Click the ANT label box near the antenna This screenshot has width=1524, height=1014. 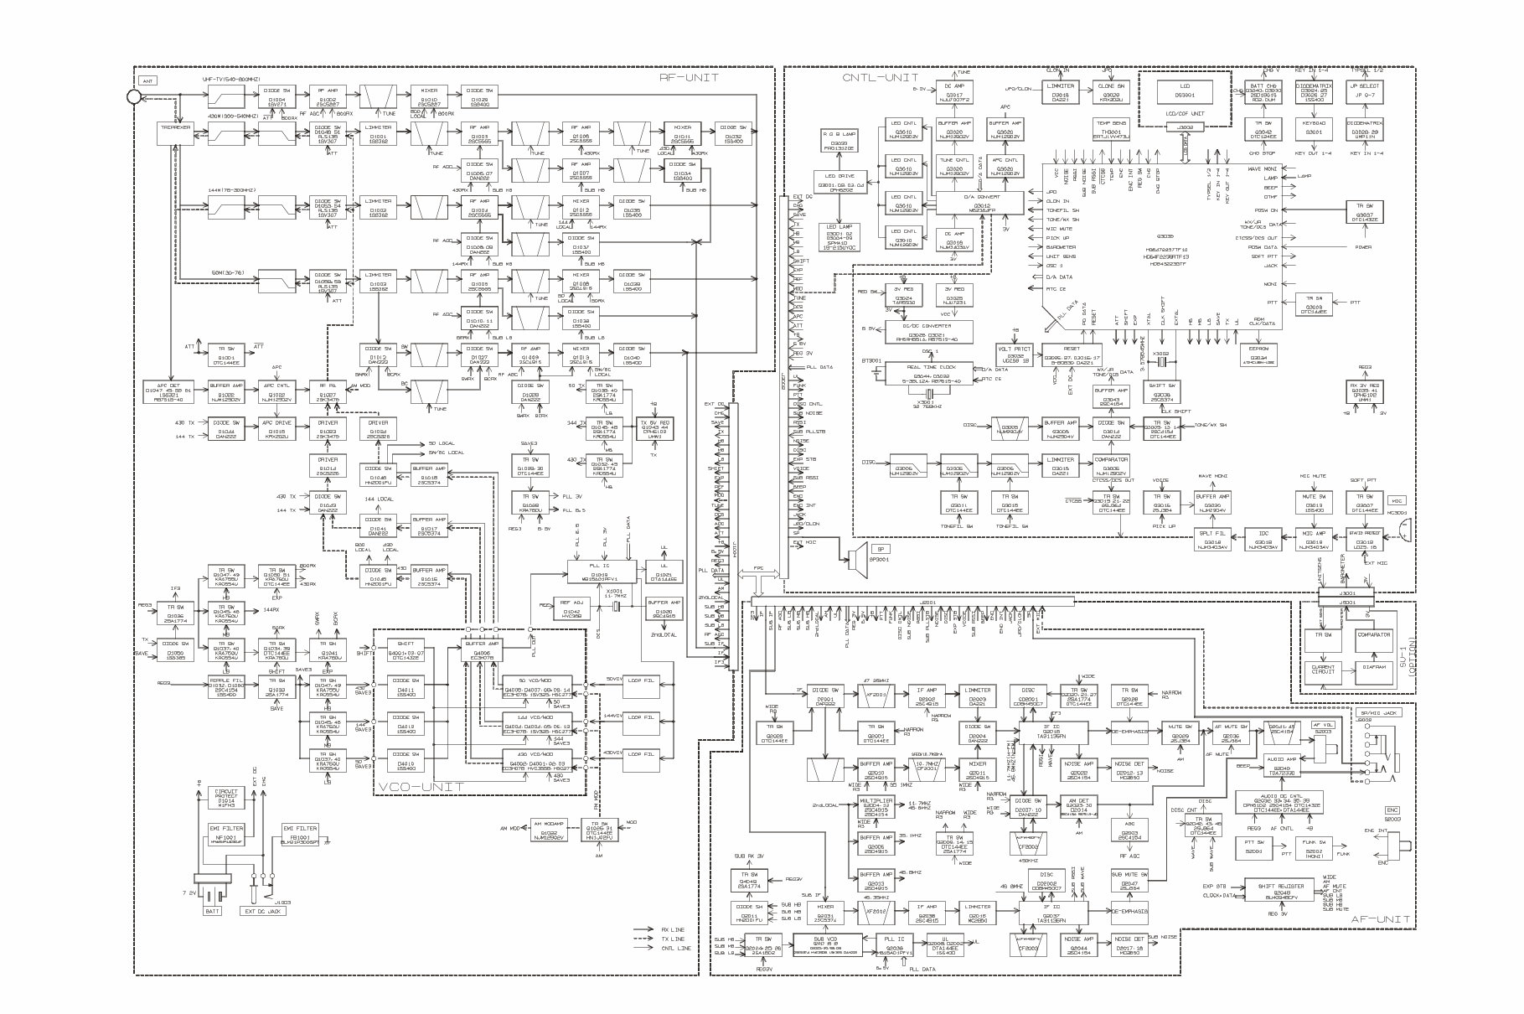pos(147,81)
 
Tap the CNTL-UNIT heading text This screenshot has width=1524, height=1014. pos(874,77)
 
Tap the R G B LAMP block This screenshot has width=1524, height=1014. pos(839,137)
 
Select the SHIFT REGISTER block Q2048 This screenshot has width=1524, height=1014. pos(1282,891)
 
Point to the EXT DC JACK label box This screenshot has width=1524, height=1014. pos(260,911)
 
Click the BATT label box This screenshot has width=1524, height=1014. pos(210,911)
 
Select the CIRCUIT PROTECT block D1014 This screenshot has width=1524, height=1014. pos(225,796)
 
